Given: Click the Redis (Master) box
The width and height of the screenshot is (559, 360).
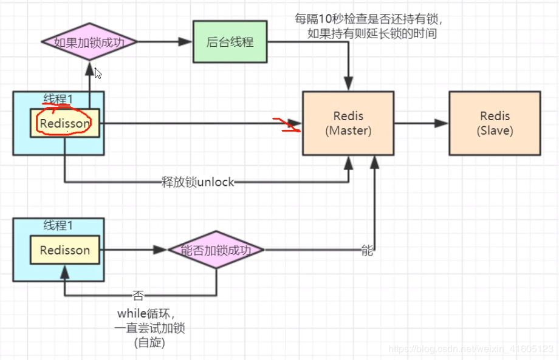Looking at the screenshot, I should (x=348, y=123).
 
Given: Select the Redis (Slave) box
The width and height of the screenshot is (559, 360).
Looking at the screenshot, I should (x=495, y=123).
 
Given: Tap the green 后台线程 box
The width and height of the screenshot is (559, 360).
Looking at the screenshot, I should (x=230, y=42).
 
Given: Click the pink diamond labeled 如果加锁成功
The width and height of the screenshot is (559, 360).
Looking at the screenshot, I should (x=89, y=42).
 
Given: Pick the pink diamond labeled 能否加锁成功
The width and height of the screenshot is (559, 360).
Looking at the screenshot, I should (x=216, y=250).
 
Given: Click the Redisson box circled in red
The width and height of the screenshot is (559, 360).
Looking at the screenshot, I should (x=65, y=124).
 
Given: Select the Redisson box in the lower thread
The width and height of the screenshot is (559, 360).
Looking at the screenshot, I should (x=65, y=250).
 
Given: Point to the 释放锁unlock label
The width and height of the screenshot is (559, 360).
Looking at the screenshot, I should (x=197, y=182).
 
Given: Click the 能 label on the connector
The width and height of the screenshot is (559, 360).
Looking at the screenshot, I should (x=367, y=250).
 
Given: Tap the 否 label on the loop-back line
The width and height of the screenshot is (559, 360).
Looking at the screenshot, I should (x=139, y=296).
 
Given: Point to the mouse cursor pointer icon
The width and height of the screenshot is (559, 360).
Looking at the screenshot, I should (x=98, y=73).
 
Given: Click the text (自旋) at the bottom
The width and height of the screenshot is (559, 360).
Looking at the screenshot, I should (x=149, y=342).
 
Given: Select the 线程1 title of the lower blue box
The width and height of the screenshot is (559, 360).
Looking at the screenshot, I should (x=58, y=226).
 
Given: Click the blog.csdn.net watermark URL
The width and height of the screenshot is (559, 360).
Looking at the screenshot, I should (x=471, y=349).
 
